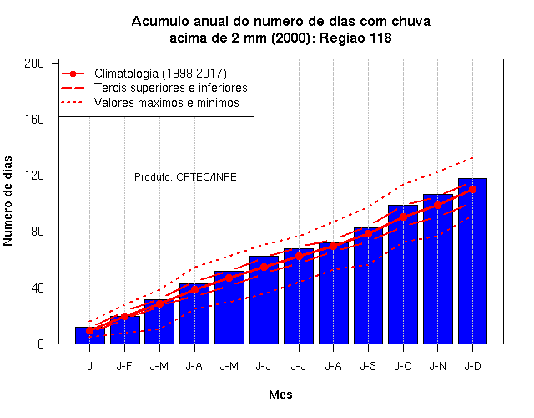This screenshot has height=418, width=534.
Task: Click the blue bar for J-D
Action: click(x=472, y=261)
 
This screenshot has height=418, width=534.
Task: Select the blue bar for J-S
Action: click(x=368, y=286)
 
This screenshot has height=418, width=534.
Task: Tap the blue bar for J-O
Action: click(x=403, y=274)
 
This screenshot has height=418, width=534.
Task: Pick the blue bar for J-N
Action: click(x=437, y=269)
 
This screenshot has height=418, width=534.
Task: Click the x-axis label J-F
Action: click(x=124, y=366)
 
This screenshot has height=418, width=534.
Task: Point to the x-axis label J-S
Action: click(x=368, y=366)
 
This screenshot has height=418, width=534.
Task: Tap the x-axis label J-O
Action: click(x=403, y=366)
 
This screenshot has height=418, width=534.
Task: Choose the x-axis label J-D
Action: click(x=472, y=366)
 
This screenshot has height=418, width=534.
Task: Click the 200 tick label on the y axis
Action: click(x=34, y=64)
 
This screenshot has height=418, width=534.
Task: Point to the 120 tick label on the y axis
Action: click(x=34, y=176)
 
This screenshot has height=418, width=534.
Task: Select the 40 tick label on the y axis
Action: click(x=38, y=288)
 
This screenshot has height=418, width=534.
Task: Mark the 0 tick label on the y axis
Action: click(x=41, y=344)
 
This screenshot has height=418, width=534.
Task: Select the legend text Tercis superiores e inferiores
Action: click(x=170, y=88)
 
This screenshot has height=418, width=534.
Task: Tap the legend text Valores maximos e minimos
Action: click(x=167, y=103)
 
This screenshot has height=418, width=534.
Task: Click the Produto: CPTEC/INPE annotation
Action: click(x=185, y=177)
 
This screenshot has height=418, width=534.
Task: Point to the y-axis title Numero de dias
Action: click(x=8, y=201)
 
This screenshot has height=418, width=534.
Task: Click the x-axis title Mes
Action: click(x=280, y=395)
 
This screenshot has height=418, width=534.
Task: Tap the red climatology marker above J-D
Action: click(x=472, y=190)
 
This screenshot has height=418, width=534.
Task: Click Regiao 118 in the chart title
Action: click(x=355, y=38)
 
